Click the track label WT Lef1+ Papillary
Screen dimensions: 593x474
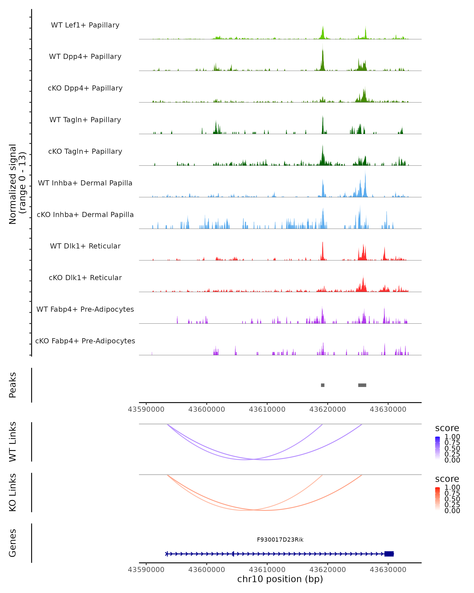click(85, 25)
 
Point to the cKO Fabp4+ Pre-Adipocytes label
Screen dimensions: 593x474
click(85, 341)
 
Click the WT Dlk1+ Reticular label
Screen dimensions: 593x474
click(85, 246)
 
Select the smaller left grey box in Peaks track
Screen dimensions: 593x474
click(323, 385)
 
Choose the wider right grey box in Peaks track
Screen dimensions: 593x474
click(362, 385)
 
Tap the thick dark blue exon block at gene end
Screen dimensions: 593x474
click(389, 554)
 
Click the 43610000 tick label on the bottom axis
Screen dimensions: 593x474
click(267, 569)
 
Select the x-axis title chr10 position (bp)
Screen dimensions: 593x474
click(280, 579)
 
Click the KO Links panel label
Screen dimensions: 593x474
click(13, 493)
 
